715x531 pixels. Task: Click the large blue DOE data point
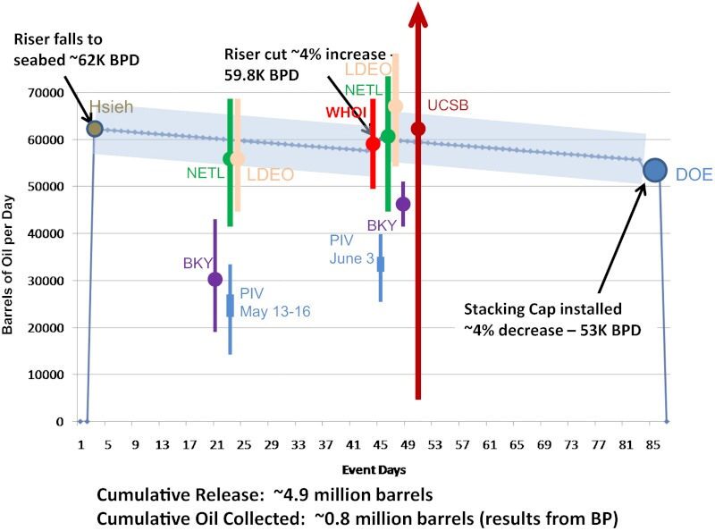654,170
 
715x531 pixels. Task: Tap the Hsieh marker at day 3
95,129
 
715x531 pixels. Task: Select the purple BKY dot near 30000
214,279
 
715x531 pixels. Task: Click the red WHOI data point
373,143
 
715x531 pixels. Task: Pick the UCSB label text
448,105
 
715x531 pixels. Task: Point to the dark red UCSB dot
417,129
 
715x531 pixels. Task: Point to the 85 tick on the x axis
654,445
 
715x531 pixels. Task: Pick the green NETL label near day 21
205,173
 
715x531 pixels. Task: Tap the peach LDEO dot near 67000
395,106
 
